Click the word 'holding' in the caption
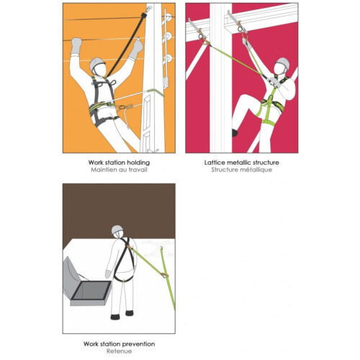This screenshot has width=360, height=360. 138,163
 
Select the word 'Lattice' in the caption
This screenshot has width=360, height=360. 213,163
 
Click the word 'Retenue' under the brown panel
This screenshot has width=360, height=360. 119,351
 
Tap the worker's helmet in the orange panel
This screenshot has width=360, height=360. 96,63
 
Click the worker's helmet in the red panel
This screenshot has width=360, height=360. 283,63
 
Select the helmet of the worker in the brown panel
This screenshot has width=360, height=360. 117,230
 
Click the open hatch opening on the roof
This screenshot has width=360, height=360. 91,290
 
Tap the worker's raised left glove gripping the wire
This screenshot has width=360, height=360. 77,45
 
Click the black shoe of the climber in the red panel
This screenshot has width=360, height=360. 235,132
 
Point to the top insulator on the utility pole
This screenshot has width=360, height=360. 167,18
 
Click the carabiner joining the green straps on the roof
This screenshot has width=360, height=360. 164,275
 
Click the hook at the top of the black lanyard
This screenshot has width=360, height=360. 148,9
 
